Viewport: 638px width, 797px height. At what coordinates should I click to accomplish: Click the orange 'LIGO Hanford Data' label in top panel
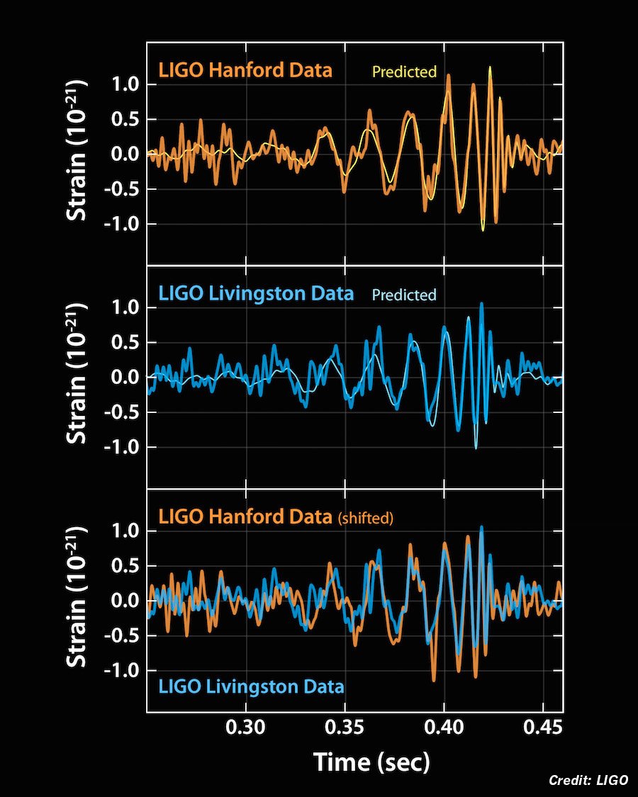pos(245,71)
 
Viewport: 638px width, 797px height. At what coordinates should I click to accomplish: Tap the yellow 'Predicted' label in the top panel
pos(404,72)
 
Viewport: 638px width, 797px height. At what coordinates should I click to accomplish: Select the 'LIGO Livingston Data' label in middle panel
pos(256,293)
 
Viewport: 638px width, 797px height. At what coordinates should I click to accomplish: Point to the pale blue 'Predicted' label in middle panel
pos(404,295)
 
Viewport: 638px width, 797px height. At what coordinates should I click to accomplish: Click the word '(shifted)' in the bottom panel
pos(364,519)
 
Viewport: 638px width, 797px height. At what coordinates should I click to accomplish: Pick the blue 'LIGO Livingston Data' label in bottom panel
pos(252,686)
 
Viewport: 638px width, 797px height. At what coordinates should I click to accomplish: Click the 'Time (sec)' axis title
pos(371,762)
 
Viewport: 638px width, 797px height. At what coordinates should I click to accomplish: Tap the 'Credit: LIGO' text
pos(588,780)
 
